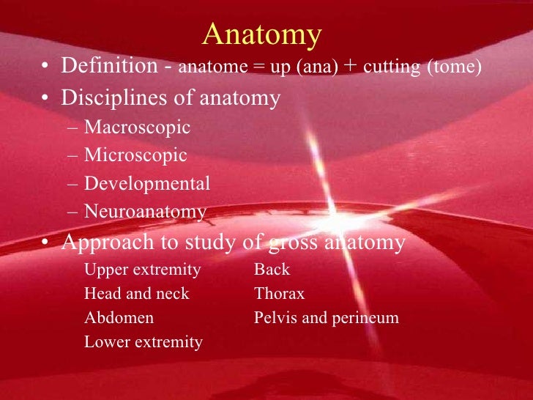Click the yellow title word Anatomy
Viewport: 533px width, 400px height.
coord(261,34)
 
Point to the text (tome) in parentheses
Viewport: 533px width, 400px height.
coord(457,68)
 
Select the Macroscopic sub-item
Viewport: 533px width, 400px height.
coord(137,128)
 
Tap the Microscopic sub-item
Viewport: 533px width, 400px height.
coord(135,156)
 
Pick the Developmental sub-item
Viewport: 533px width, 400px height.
coord(146,184)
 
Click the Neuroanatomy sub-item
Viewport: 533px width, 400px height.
coord(145,212)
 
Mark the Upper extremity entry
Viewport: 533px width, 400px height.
coord(142,270)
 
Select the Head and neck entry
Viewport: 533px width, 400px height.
coord(136,295)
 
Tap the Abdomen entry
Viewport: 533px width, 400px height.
coord(119,319)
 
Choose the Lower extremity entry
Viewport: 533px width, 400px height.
coord(143,342)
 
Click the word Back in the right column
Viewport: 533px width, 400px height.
coord(272,270)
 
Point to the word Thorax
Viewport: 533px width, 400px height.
coord(279,295)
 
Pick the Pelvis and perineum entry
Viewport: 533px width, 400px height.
coord(326,319)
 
